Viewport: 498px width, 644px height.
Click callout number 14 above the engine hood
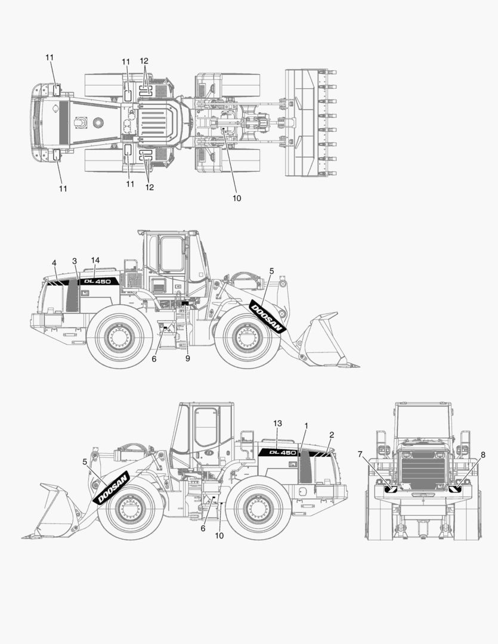coord(95,260)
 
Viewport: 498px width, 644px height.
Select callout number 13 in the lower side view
coord(277,423)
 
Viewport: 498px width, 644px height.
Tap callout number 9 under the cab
coord(187,358)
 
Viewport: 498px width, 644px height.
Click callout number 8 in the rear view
coord(482,454)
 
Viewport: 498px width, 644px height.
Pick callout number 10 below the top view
coord(237,198)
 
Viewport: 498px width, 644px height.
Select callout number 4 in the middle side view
coord(54,262)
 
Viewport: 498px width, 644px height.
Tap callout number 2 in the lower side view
coord(332,434)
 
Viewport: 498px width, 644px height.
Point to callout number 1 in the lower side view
coord(306,426)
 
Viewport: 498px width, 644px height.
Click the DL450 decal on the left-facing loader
coord(278,453)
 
